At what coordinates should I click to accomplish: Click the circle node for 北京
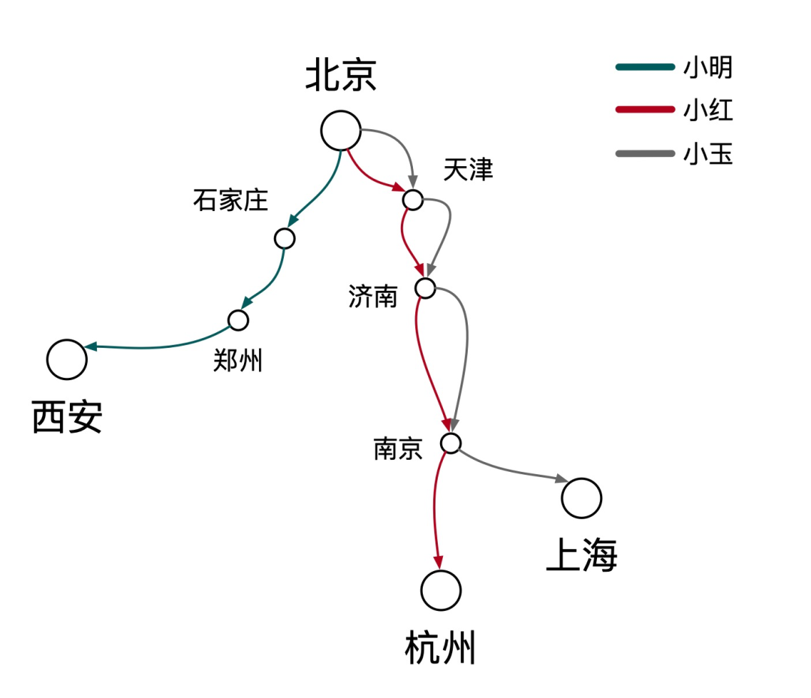pos(341,131)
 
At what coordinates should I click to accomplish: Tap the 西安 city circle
pos(67,359)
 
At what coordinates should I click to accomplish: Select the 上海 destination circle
pos(582,498)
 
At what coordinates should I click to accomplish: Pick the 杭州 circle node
pos(441,590)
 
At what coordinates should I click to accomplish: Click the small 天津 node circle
pos(413,200)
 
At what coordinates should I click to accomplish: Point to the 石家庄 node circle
pos(285,239)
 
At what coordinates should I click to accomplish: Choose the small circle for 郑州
pos(238,320)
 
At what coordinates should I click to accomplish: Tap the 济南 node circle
pos(425,288)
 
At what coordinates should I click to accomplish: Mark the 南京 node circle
pos(451,443)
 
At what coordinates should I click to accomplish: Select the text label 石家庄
pos(231,201)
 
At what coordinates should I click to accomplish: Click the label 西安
pos(67,418)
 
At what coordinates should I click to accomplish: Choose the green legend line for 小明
pos(644,67)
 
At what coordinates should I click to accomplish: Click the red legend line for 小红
pos(644,110)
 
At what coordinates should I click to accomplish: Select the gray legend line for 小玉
pos(644,154)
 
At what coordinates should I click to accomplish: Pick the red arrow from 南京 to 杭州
pos(436,511)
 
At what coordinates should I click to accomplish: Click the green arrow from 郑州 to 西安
pos(158,346)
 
